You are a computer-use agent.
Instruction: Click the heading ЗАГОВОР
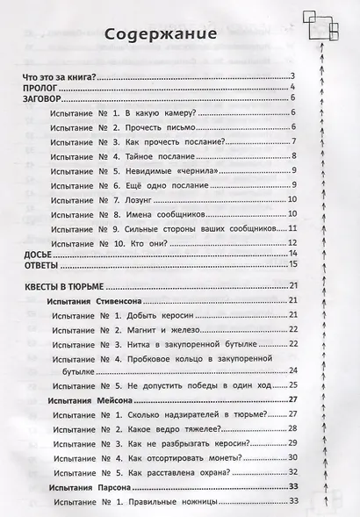point(44,99)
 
